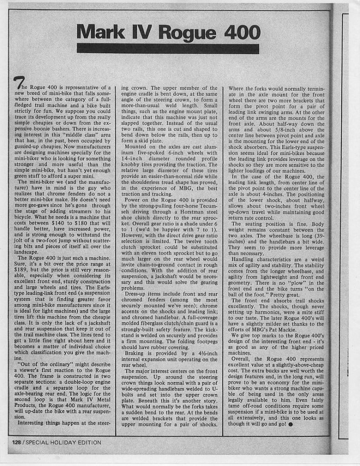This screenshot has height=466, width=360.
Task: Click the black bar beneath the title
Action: [162, 49]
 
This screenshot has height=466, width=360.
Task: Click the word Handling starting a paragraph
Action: [247, 259]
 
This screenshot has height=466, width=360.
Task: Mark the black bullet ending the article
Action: [291, 425]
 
